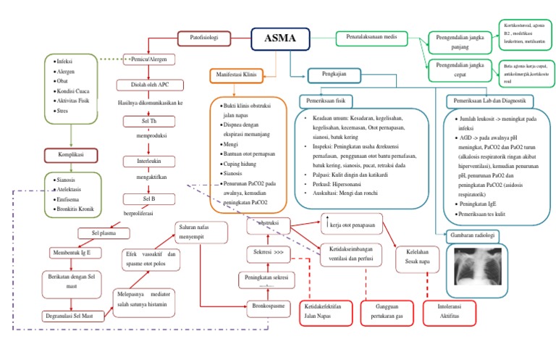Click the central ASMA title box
tap(280, 40)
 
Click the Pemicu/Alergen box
tap(150, 59)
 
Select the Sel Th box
tap(149, 121)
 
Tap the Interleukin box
tap(148, 160)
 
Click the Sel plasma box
tap(104, 233)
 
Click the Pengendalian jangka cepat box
tap(461, 69)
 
